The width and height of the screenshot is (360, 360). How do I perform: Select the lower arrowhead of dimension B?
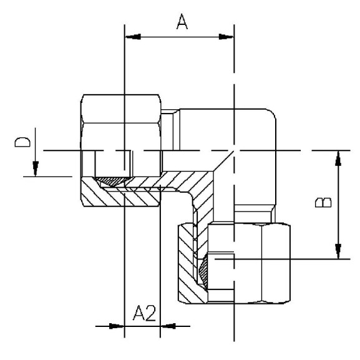point(338,251)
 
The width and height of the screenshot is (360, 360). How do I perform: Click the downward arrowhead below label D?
point(36,169)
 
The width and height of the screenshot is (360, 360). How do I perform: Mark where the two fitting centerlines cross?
point(234,151)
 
